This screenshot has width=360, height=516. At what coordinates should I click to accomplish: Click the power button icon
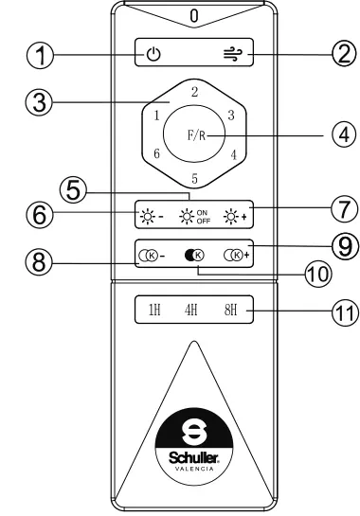click(x=153, y=54)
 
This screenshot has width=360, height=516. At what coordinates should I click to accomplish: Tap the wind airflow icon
click(x=233, y=54)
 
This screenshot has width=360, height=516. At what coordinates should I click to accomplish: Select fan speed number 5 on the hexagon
click(x=194, y=178)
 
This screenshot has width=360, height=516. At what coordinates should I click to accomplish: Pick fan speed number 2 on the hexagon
click(x=194, y=92)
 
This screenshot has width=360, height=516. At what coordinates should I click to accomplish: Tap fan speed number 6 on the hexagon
click(x=156, y=153)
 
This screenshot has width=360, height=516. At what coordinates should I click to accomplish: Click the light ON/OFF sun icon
click(x=187, y=217)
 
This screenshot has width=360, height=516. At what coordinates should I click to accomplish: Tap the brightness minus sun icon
click(x=147, y=217)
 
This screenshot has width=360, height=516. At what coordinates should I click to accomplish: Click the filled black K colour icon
click(x=194, y=255)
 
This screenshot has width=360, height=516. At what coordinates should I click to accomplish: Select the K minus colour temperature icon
click(x=152, y=256)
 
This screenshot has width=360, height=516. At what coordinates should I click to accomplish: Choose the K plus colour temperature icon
click(x=237, y=255)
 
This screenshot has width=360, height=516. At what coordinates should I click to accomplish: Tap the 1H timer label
click(x=154, y=310)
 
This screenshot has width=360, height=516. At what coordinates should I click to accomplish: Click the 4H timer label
click(x=191, y=310)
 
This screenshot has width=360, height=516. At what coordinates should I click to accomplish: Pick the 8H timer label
click(x=230, y=310)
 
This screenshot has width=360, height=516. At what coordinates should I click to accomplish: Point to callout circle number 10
click(x=317, y=275)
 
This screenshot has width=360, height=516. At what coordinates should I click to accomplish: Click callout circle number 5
click(x=73, y=191)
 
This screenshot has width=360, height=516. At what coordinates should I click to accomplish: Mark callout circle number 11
click(x=345, y=312)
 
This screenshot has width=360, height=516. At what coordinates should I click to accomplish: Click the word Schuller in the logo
click(x=194, y=457)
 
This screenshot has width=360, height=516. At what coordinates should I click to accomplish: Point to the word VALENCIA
click(x=194, y=469)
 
